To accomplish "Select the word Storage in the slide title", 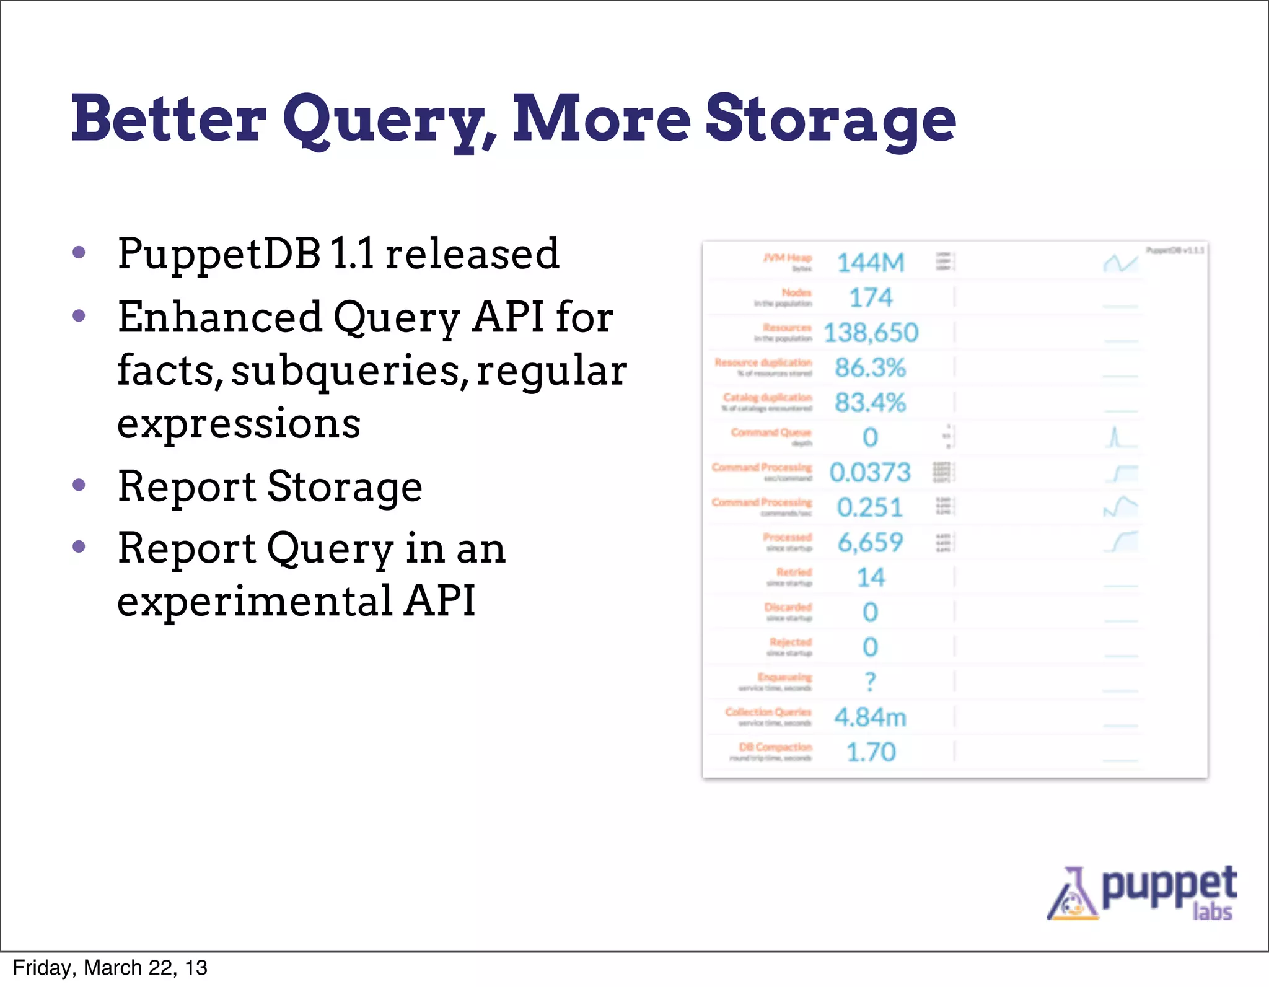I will [830, 120].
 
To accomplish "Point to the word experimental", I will [255, 601].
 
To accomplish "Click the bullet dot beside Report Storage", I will [79, 485].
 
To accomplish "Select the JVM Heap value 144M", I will [871, 263].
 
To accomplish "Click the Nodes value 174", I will [871, 298].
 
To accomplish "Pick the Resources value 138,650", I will [871, 333].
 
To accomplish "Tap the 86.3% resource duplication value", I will [871, 368].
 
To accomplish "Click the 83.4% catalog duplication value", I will [871, 403].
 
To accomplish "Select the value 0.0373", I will [871, 473].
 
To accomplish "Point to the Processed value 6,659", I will [871, 543].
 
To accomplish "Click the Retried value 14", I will [871, 577].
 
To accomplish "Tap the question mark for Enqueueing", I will [871, 682].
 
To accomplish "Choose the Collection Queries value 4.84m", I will [871, 717].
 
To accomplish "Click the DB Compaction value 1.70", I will [871, 752].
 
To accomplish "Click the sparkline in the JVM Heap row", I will [1120, 263].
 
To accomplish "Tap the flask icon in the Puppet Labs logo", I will [1073, 896].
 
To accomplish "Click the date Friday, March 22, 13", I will [110, 968].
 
